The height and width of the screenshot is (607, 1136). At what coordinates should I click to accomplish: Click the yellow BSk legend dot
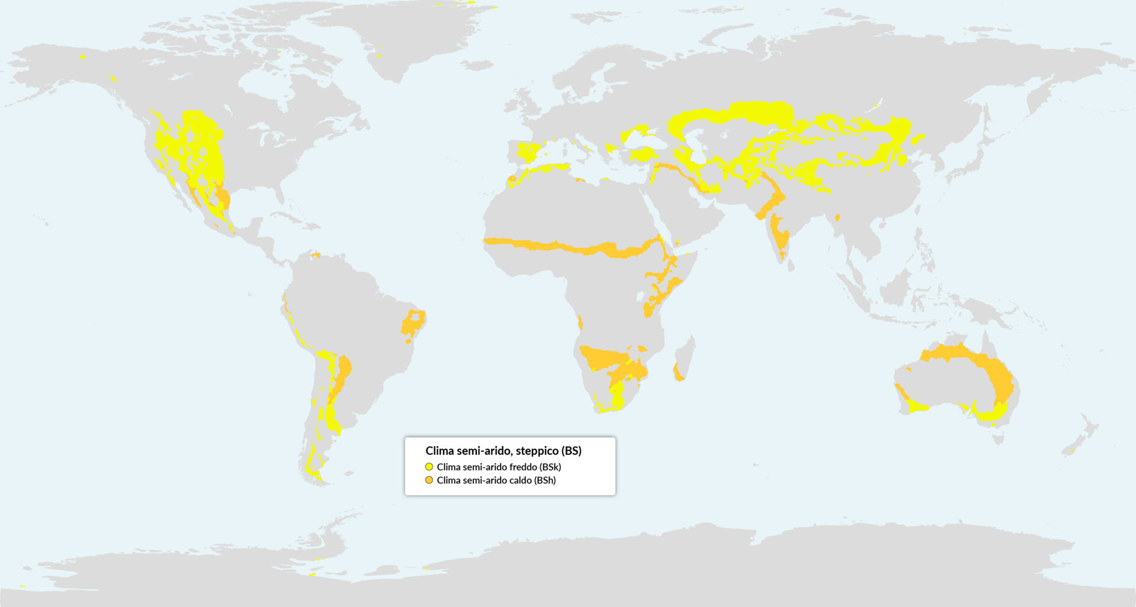[x=429, y=467]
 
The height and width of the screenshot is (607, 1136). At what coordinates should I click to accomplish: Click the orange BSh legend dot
[x=429, y=480]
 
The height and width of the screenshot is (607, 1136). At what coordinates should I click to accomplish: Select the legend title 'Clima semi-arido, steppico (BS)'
[x=503, y=451]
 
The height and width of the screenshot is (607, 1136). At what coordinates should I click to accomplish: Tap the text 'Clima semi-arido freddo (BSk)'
[x=499, y=467]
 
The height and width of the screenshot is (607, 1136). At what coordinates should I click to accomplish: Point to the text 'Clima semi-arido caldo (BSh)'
[x=496, y=480]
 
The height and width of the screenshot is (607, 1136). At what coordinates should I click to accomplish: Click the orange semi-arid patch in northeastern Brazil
[x=412, y=325]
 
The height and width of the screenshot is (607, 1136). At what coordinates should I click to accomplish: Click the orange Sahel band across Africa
[x=568, y=246]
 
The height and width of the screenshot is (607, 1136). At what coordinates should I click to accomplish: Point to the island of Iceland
[x=477, y=65]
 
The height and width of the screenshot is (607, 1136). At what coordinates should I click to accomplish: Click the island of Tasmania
[x=999, y=438]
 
